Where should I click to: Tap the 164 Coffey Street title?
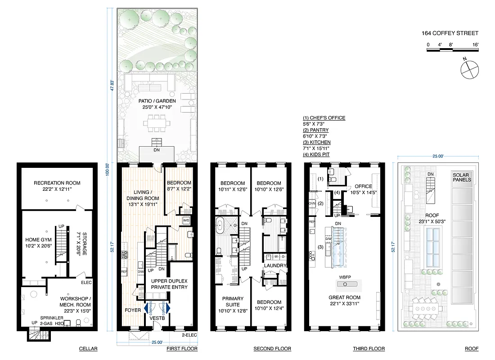point(450,33)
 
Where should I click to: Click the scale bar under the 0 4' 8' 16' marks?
point(452,50)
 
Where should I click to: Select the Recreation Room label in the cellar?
point(57,183)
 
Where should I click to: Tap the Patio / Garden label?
point(157,101)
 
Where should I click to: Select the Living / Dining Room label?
point(141,195)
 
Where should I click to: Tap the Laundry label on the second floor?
point(275,265)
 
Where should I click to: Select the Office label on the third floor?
point(363,186)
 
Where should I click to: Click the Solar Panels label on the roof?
point(462,177)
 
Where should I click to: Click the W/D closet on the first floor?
point(186,220)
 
